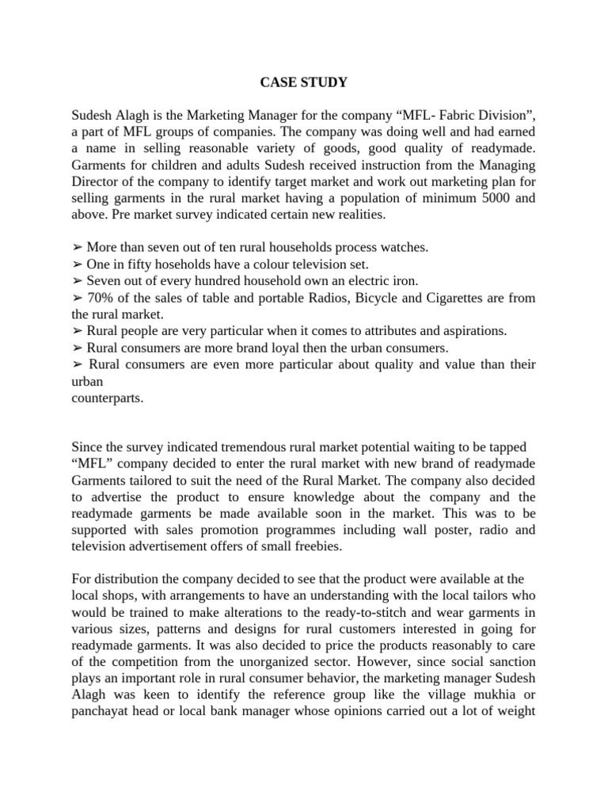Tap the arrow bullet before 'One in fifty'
click(x=77, y=264)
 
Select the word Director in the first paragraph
click(x=96, y=181)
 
